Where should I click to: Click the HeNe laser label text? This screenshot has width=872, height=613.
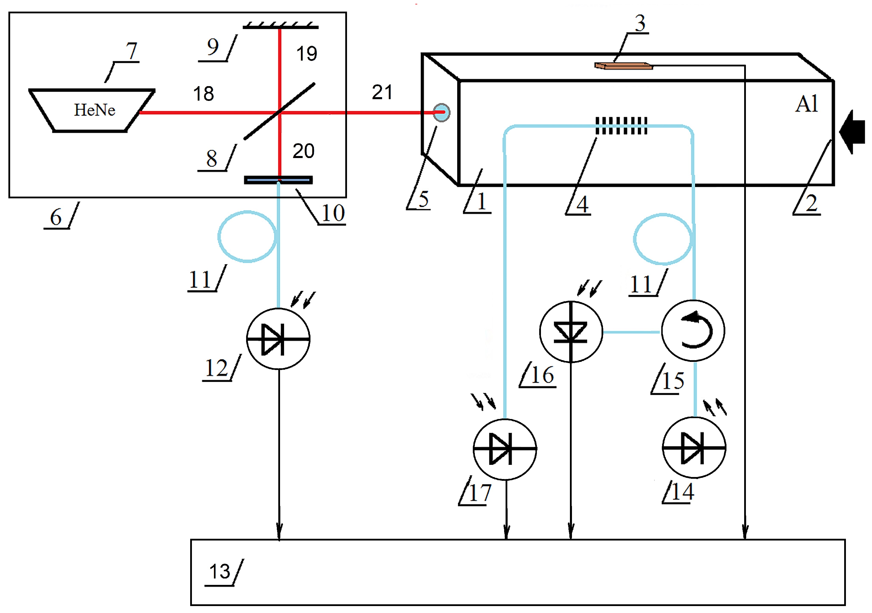[x=95, y=110]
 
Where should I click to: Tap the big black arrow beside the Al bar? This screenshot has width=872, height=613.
[x=852, y=132]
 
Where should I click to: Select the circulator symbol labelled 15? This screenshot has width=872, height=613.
[x=693, y=331]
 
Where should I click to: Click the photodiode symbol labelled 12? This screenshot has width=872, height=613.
[x=278, y=338]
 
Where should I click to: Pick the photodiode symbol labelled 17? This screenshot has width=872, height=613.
[x=505, y=449]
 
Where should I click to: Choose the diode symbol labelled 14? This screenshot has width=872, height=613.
[x=694, y=447]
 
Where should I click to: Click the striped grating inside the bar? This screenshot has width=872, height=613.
[x=621, y=126]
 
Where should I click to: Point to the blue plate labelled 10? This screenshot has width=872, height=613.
[x=278, y=180]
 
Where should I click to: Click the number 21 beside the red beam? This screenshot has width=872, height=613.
[x=382, y=92]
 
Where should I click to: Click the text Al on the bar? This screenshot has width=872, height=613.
[x=806, y=104]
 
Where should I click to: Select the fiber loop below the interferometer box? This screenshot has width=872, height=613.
[x=247, y=236]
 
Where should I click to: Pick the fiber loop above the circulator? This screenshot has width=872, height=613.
[x=663, y=239]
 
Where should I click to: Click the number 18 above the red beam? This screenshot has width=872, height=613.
[x=204, y=94]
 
